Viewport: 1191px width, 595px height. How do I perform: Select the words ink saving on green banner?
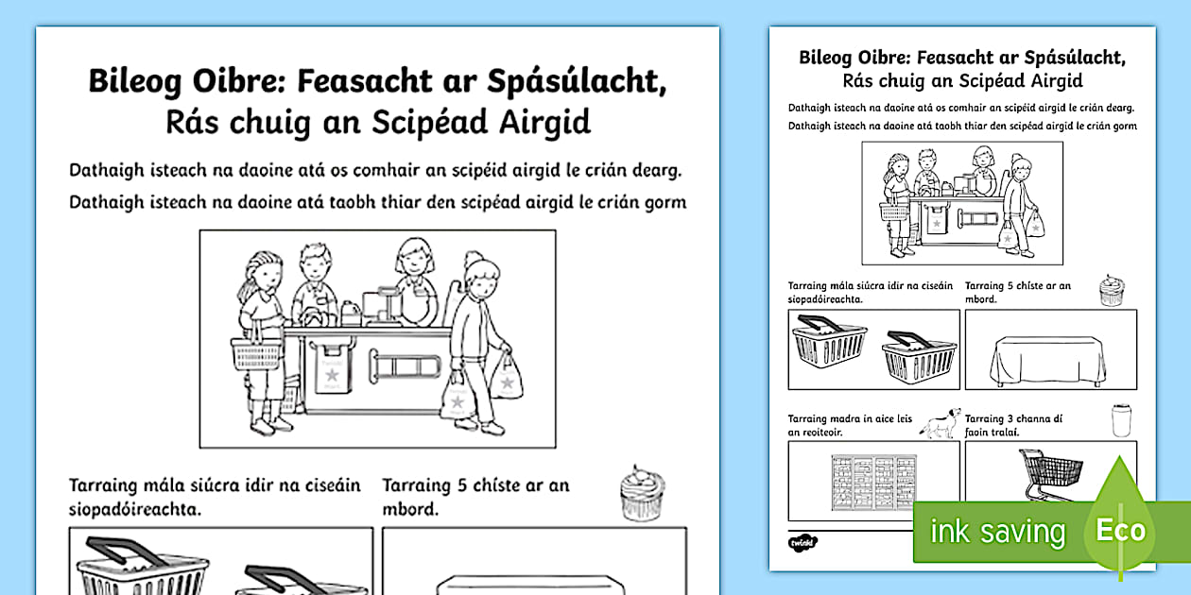coord(997,532)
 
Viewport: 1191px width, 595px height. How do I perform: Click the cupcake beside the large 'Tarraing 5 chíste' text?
coord(643,492)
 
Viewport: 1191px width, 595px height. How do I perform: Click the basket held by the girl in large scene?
coord(256,353)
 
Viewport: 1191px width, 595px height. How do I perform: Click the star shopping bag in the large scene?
coord(509,379)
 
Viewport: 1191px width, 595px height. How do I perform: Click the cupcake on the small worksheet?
coord(1111,291)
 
